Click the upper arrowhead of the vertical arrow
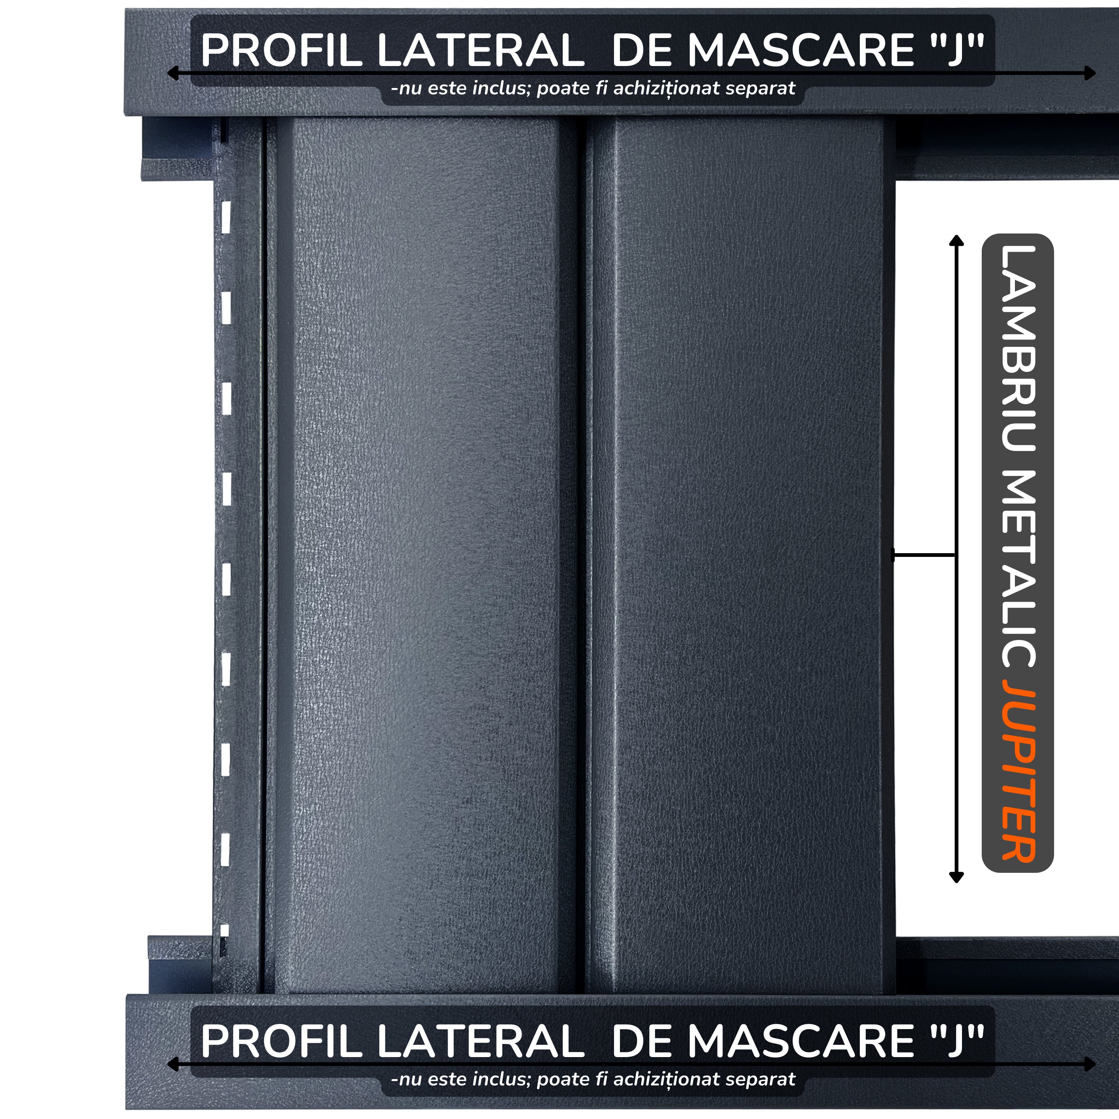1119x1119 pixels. point(956,240)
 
